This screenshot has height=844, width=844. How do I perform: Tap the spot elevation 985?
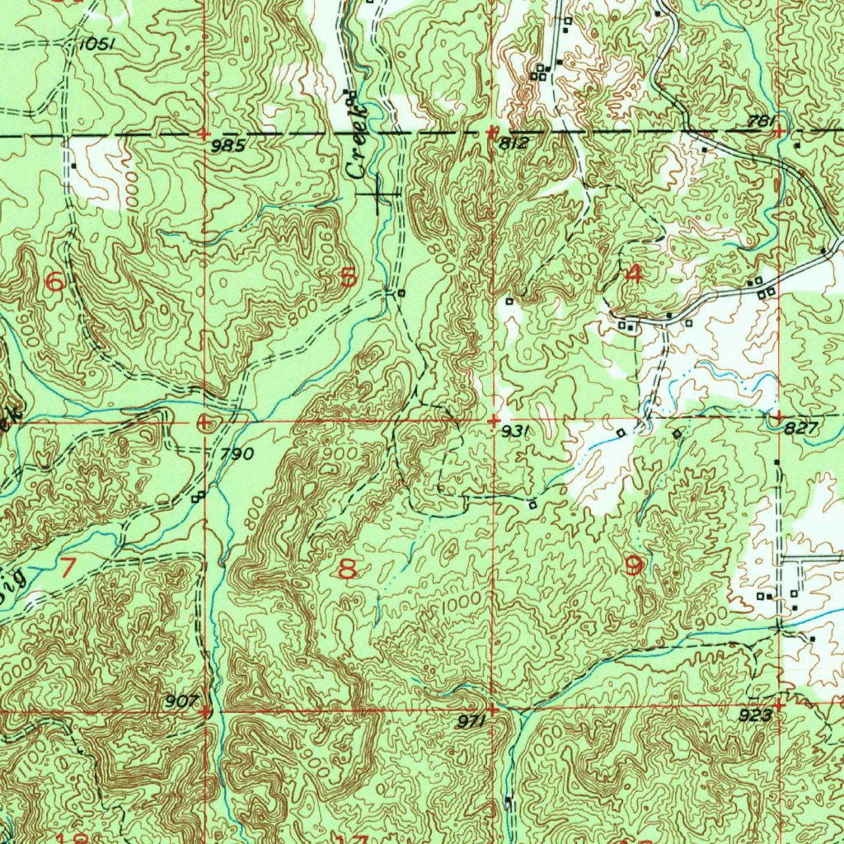pos(227,146)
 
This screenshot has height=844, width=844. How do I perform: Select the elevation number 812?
pos(513,143)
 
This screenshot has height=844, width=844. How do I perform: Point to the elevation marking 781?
pos(762,122)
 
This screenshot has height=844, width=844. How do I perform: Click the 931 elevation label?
pos(513,430)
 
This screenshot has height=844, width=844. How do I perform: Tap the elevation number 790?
pos(237,453)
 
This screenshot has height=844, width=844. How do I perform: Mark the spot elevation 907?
pos(183,701)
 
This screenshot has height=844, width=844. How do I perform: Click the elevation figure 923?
pos(755,715)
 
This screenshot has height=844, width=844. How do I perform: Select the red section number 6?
pos(54,282)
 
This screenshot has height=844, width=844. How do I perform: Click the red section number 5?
pos(349,278)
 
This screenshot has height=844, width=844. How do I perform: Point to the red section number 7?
pos(67,566)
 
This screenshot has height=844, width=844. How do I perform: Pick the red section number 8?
pos(348,568)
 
